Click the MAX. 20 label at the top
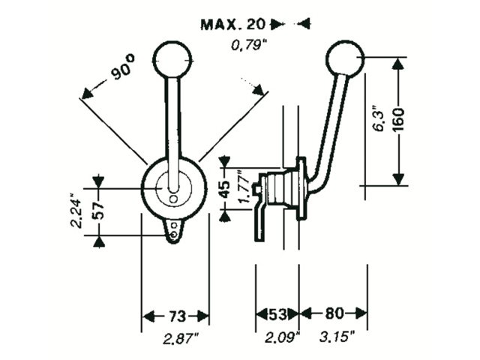(232, 25)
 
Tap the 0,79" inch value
(247, 46)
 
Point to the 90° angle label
(122, 67)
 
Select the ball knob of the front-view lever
(172, 59)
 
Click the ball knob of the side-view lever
(345, 58)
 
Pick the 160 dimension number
(398, 120)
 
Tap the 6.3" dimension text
(379, 119)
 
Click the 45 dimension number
(225, 189)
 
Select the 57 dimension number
(98, 210)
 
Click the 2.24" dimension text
(76, 210)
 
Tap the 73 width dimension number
(177, 315)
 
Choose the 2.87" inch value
(181, 338)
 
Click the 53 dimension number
(277, 314)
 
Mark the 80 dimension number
(334, 313)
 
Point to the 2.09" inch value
(283, 337)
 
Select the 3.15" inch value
(337, 337)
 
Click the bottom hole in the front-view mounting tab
(174, 235)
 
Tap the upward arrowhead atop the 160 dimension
(398, 64)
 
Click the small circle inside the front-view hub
(173, 199)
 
